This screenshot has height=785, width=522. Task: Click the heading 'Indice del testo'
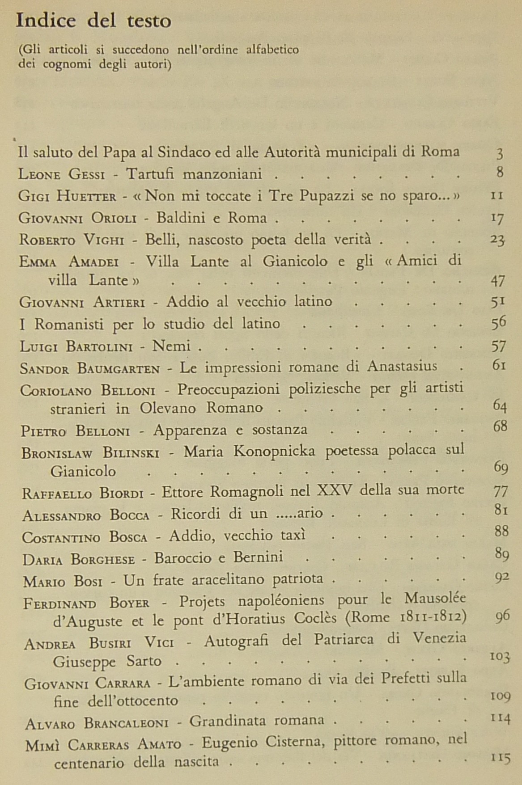(x=93, y=21)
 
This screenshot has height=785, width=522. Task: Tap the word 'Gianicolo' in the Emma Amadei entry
(x=295, y=261)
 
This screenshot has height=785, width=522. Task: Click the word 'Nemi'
(x=172, y=346)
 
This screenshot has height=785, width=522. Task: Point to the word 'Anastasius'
(x=402, y=367)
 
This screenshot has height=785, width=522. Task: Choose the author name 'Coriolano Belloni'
(x=88, y=390)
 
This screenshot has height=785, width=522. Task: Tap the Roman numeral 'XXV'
(x=335, y=491)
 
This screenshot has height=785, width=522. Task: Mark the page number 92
(x=502, y=578)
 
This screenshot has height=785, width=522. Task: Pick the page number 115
(x=501, y=759)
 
